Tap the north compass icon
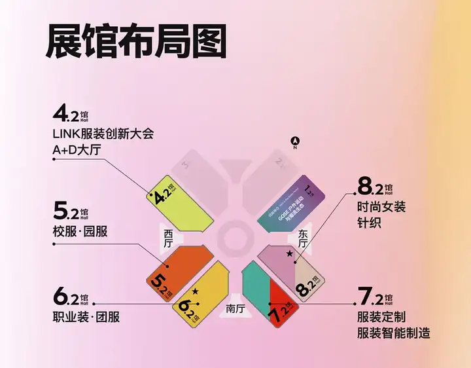pyautogui.click(x=295, y=140)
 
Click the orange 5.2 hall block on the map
pyautogui.click(x=173, y=268)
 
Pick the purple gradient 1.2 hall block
pyautogui.click(x=288, y=203)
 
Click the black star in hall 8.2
pyautogui.click(x=288, y=253)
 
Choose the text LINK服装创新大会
pyautogui.click(x=103, y=134)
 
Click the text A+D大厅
pyautogui.click(x=77, y=151)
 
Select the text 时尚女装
pyautogui.click(x=382, y=207)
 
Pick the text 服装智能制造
pyautogui.click(x=394, y=333)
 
